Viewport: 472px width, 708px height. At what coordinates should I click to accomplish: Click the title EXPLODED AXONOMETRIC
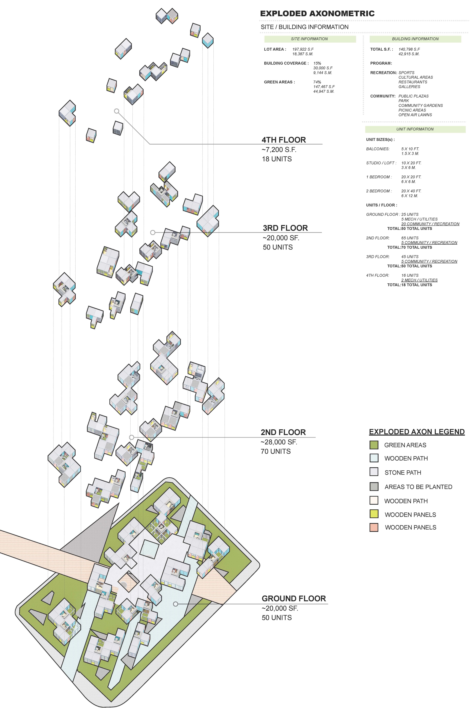317,14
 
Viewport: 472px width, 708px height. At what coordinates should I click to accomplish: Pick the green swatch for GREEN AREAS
374,445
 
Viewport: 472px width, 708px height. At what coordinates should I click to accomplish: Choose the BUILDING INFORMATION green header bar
415,39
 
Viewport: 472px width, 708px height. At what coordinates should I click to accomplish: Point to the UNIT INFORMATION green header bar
415,129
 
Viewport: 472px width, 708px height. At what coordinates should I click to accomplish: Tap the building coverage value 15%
317,63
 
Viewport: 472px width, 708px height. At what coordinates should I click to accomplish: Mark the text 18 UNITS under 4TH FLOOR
277,159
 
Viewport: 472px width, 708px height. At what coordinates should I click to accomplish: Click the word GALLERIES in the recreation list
409,87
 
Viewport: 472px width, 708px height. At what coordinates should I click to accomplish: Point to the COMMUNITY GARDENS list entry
421,105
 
